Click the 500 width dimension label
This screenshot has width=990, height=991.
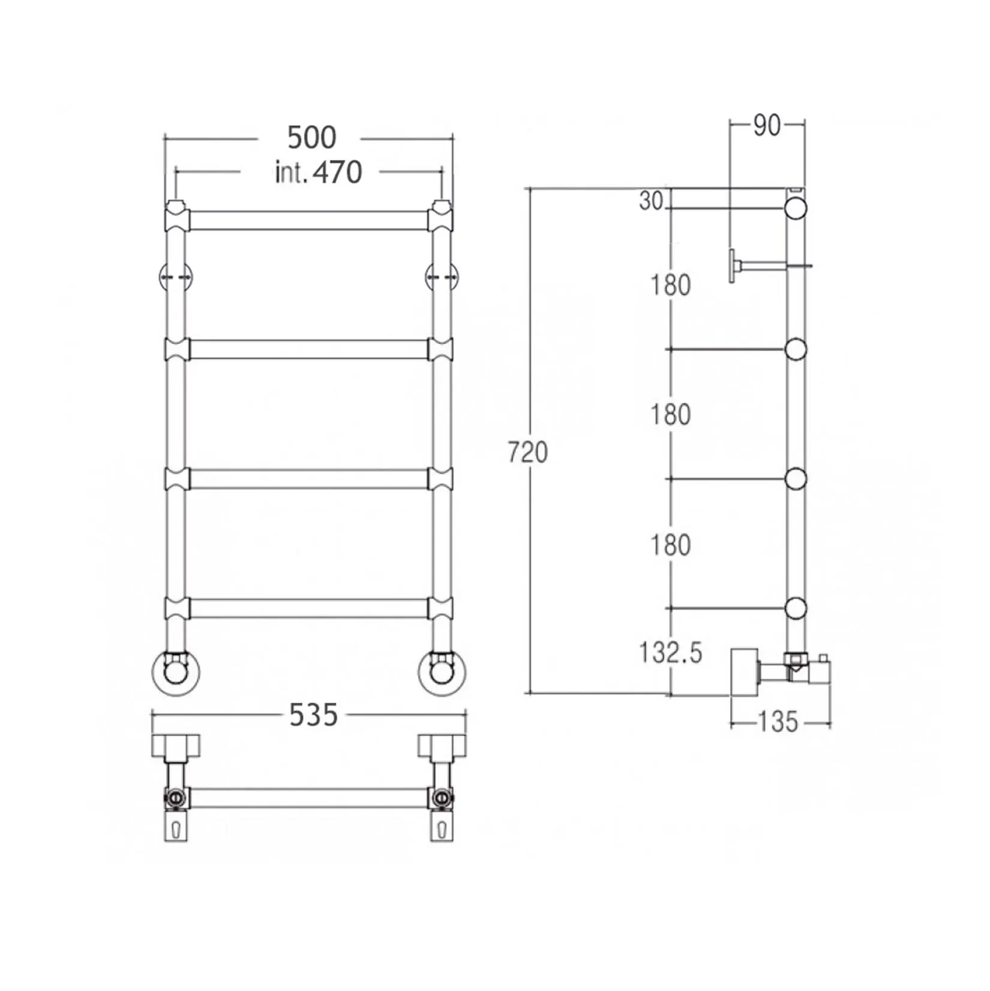tap(311, 138)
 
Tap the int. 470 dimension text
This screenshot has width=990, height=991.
tap(318, 173)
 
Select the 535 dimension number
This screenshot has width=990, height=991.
tap(313, 715)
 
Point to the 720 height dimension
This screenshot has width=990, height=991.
tap(527, 452)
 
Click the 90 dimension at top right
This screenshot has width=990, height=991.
tap(767, 125)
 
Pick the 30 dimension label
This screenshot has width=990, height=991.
tap(650, 201)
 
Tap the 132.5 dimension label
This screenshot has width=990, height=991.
tap(670, 652)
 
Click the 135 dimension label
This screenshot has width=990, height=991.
tap(778, 722)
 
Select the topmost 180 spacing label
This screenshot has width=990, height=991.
tap(671, 285)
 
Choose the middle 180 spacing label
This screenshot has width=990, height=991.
tap(671, 415)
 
